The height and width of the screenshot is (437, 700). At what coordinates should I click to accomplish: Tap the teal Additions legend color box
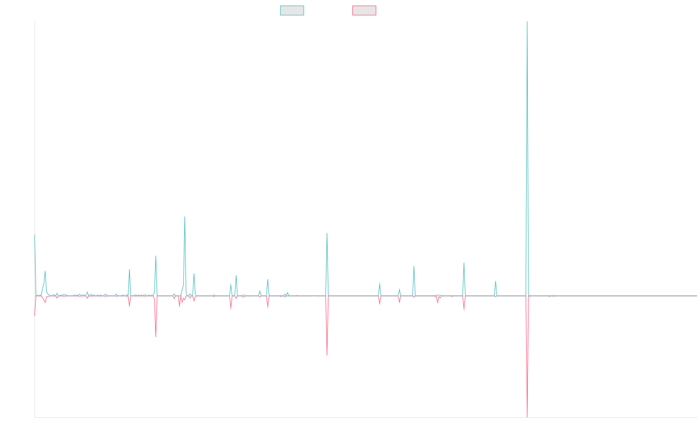coord(292,10)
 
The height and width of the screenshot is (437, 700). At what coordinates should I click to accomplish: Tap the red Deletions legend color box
coord(365,10)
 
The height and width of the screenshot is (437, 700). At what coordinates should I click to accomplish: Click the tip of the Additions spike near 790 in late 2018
coord(185,217)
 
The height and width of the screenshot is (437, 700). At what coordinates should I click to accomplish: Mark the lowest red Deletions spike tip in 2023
coord(527,417)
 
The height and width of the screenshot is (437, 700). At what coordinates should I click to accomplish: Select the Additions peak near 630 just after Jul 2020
coord(327,233)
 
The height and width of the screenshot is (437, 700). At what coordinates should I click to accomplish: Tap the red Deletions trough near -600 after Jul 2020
coord(327,355)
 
